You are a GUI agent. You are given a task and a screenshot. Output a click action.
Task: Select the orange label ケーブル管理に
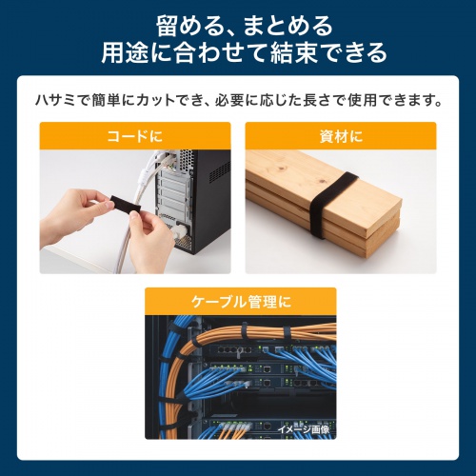(x=239, y=302)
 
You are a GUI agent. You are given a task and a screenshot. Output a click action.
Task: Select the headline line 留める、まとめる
(x=238, y=21)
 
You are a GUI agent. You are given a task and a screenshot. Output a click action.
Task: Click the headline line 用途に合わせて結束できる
(x=238, y=51)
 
